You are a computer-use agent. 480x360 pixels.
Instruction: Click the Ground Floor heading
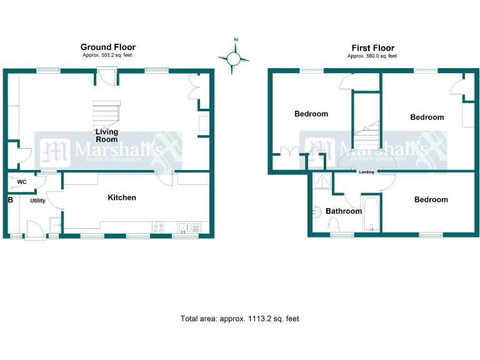pos(107,47)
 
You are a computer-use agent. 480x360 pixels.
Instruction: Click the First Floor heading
pos(373,48)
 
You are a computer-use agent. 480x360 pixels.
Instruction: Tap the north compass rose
pos(234,57)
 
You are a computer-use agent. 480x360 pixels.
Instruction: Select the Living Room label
pos(106,135)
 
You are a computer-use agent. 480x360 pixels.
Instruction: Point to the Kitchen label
pos(122,197)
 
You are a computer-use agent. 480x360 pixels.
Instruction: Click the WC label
pos(22,182)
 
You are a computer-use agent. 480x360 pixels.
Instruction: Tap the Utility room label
pos(37,201)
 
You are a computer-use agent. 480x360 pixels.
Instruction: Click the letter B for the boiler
pos(11,200)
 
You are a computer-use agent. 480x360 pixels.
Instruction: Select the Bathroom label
pos(344,211)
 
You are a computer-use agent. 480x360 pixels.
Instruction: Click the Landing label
pos(366,172)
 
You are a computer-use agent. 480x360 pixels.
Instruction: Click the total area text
pos(240,319)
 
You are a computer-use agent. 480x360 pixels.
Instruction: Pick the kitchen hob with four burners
pos(158,227)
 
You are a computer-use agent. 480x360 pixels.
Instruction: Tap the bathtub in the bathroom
pos(371,214)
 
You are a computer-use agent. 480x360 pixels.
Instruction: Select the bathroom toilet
pos(333,224)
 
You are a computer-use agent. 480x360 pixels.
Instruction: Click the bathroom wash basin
pos(317,212)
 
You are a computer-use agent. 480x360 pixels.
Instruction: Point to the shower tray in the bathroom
pos(322,181)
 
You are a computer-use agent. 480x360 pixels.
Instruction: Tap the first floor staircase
pos(367,135)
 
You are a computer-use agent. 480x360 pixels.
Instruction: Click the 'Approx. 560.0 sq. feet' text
pos(372,56)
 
